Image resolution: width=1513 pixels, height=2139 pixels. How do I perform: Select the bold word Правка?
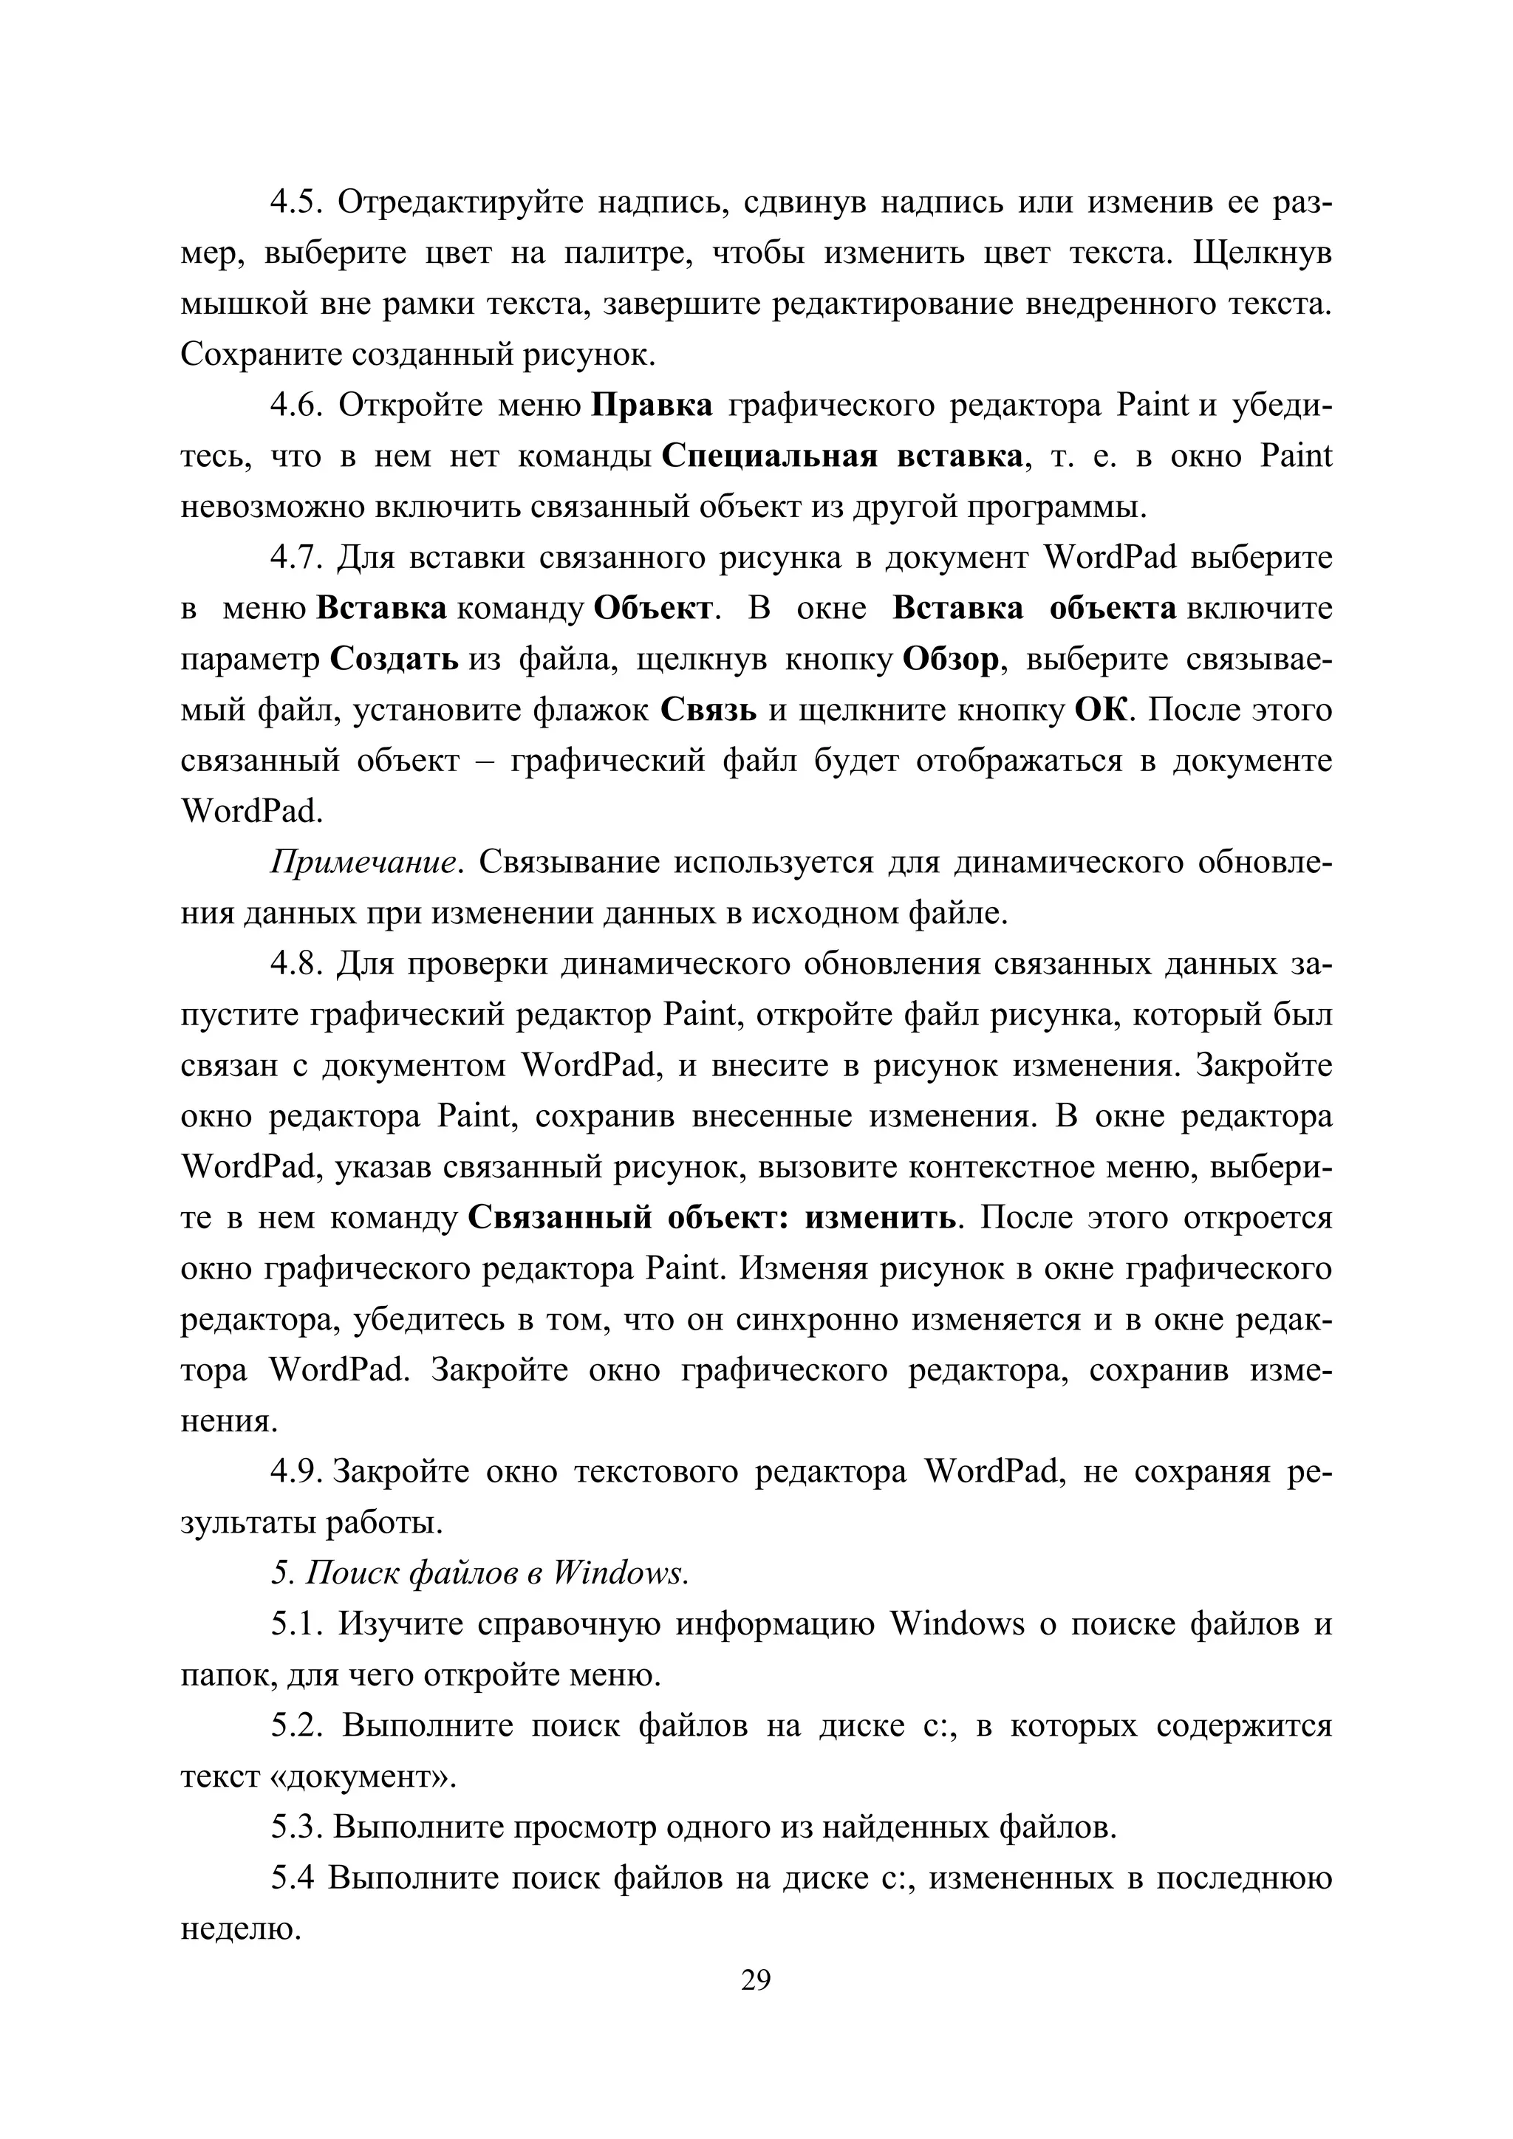click(652, 406)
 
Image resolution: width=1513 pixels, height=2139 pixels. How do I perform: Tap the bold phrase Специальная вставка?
click(842, 457)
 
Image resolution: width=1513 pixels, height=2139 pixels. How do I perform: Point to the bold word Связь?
click(708, 711)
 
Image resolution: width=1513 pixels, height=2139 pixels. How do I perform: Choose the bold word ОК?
click(1102, 711)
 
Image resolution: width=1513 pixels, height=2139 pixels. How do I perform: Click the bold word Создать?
click(394, 660)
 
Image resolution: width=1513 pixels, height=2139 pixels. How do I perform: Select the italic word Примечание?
click(366, 863)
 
